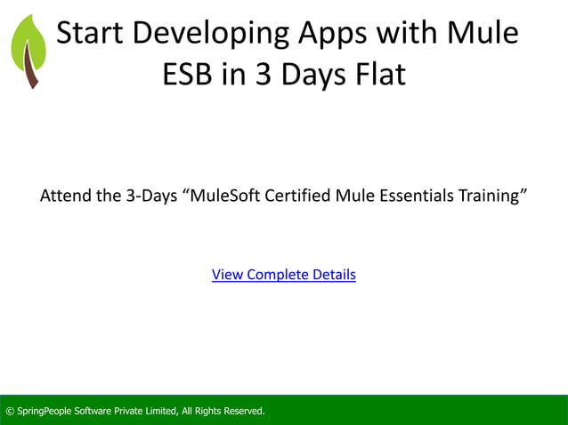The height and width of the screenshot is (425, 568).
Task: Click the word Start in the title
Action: (x=93, y=33)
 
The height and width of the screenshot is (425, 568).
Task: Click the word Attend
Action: (x=65, y=196)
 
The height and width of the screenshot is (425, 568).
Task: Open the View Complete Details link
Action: (x=283, y=275)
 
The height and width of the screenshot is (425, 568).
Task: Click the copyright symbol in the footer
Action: (x=10, y=411)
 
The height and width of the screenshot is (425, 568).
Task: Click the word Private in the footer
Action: (x=121, y=411)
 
